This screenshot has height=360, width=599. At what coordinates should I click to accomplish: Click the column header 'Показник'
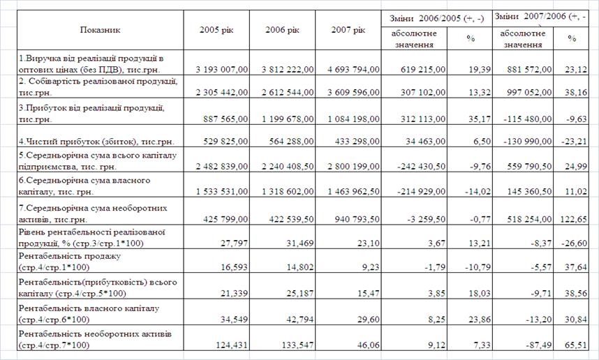pos(100,30)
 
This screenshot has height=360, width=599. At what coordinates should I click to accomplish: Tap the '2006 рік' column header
pos(282,30)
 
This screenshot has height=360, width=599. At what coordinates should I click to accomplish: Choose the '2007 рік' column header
pos(348,30)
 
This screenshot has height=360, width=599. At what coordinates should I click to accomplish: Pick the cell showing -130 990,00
pos(523,142)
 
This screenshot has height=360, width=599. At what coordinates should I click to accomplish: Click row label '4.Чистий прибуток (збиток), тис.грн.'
pos(95,142)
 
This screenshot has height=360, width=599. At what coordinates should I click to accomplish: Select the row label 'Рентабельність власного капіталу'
pos(89,308)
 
